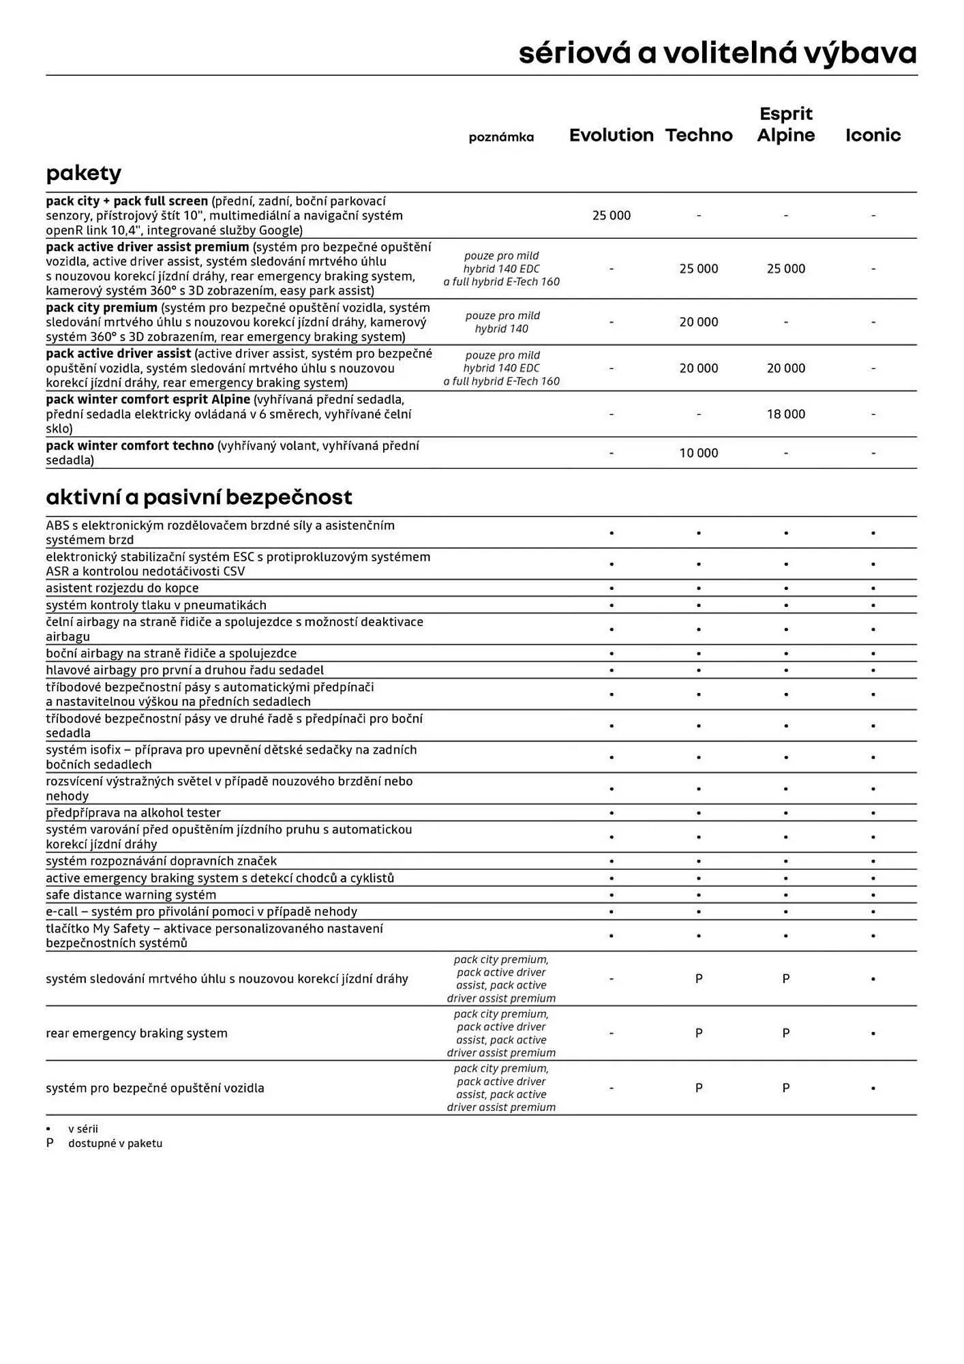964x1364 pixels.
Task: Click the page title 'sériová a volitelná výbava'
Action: [x=717, y=53]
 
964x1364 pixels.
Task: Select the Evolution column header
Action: [x=611, y=135]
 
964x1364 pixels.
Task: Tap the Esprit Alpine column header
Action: [x=785, y=125]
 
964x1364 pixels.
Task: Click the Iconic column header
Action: [x=873, y=135]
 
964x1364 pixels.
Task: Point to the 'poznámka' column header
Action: [x=501, y=137]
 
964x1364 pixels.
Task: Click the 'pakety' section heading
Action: [x=83, y=173]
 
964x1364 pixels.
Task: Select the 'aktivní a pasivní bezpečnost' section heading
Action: [x=198, y=497]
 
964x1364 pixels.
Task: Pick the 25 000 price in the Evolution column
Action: [x=611, y=216]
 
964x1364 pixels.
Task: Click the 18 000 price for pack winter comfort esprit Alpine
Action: [x=785, y=414]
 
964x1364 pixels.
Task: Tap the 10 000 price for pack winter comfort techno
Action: [x=698, y=453]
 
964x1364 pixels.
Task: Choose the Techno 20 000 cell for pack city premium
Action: [x=698, y=322]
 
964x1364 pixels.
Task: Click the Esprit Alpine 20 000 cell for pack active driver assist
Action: [x=785, y=368]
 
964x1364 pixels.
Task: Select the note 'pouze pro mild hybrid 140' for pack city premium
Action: [x=502, y=322]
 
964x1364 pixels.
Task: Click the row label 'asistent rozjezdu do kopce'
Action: [x=122, y=588]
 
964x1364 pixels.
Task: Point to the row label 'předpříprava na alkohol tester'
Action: [x=133, y=812]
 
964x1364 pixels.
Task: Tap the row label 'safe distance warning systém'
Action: [x=130, y=894]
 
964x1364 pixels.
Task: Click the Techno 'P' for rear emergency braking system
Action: [x=698, y=1033]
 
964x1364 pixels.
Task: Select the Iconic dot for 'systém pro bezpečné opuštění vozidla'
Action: [x=873, y=1088]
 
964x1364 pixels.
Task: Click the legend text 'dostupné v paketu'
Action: [x=115, y=1143]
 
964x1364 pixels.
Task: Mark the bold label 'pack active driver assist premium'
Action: [x=147, y=247]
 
